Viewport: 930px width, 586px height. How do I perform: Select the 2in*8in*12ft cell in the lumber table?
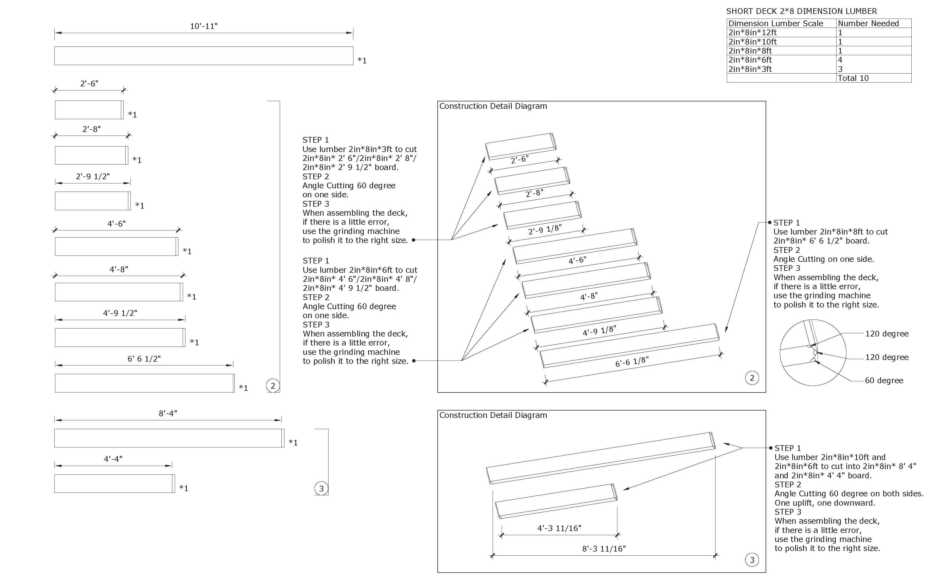pyautogui.click(x=752, y=33)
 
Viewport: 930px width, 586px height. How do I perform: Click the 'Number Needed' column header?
pyautogui.click(x=868, y=24)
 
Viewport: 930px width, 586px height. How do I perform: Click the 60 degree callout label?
pyautogui.click(x=884, y=381)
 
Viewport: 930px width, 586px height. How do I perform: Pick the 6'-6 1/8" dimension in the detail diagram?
pyautogui.click(x=632, y=362)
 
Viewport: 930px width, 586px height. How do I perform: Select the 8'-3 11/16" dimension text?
pyautogui.click(x=604, y=549)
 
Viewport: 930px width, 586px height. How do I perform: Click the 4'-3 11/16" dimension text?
pyautogui.click(x=559, y=528)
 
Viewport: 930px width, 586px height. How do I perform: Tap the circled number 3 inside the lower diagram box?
pyautogui.click(x=752, y=560)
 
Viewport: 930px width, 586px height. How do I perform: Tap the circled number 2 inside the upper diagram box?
pyautogui.click(x=752, y=378)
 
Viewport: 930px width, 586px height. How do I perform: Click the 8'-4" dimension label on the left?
pyautogui.click(x=168, y=414)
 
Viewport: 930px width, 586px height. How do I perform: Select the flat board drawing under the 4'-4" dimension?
pyautogui.click(x=114, y=484)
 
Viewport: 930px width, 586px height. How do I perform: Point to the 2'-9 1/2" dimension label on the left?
pyautogui.click(x=93, y=176)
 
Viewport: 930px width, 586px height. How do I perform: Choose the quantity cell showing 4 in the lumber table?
pyautogui.click(x=840, y=60)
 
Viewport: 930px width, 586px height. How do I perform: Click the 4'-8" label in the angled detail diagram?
pyautogui.click(x=589, y=297)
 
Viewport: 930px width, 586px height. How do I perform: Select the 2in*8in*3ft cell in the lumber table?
pyautogui.click(x=750, y=69)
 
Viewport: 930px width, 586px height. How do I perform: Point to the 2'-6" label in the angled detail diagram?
pyautogui.click(x=519, y=159)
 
